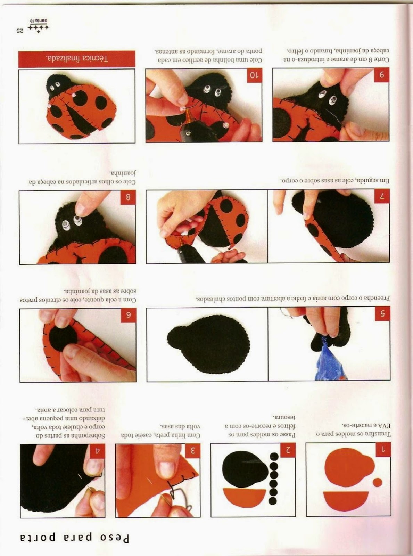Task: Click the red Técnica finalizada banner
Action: (77, 59)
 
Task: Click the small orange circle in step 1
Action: (378, 482)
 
